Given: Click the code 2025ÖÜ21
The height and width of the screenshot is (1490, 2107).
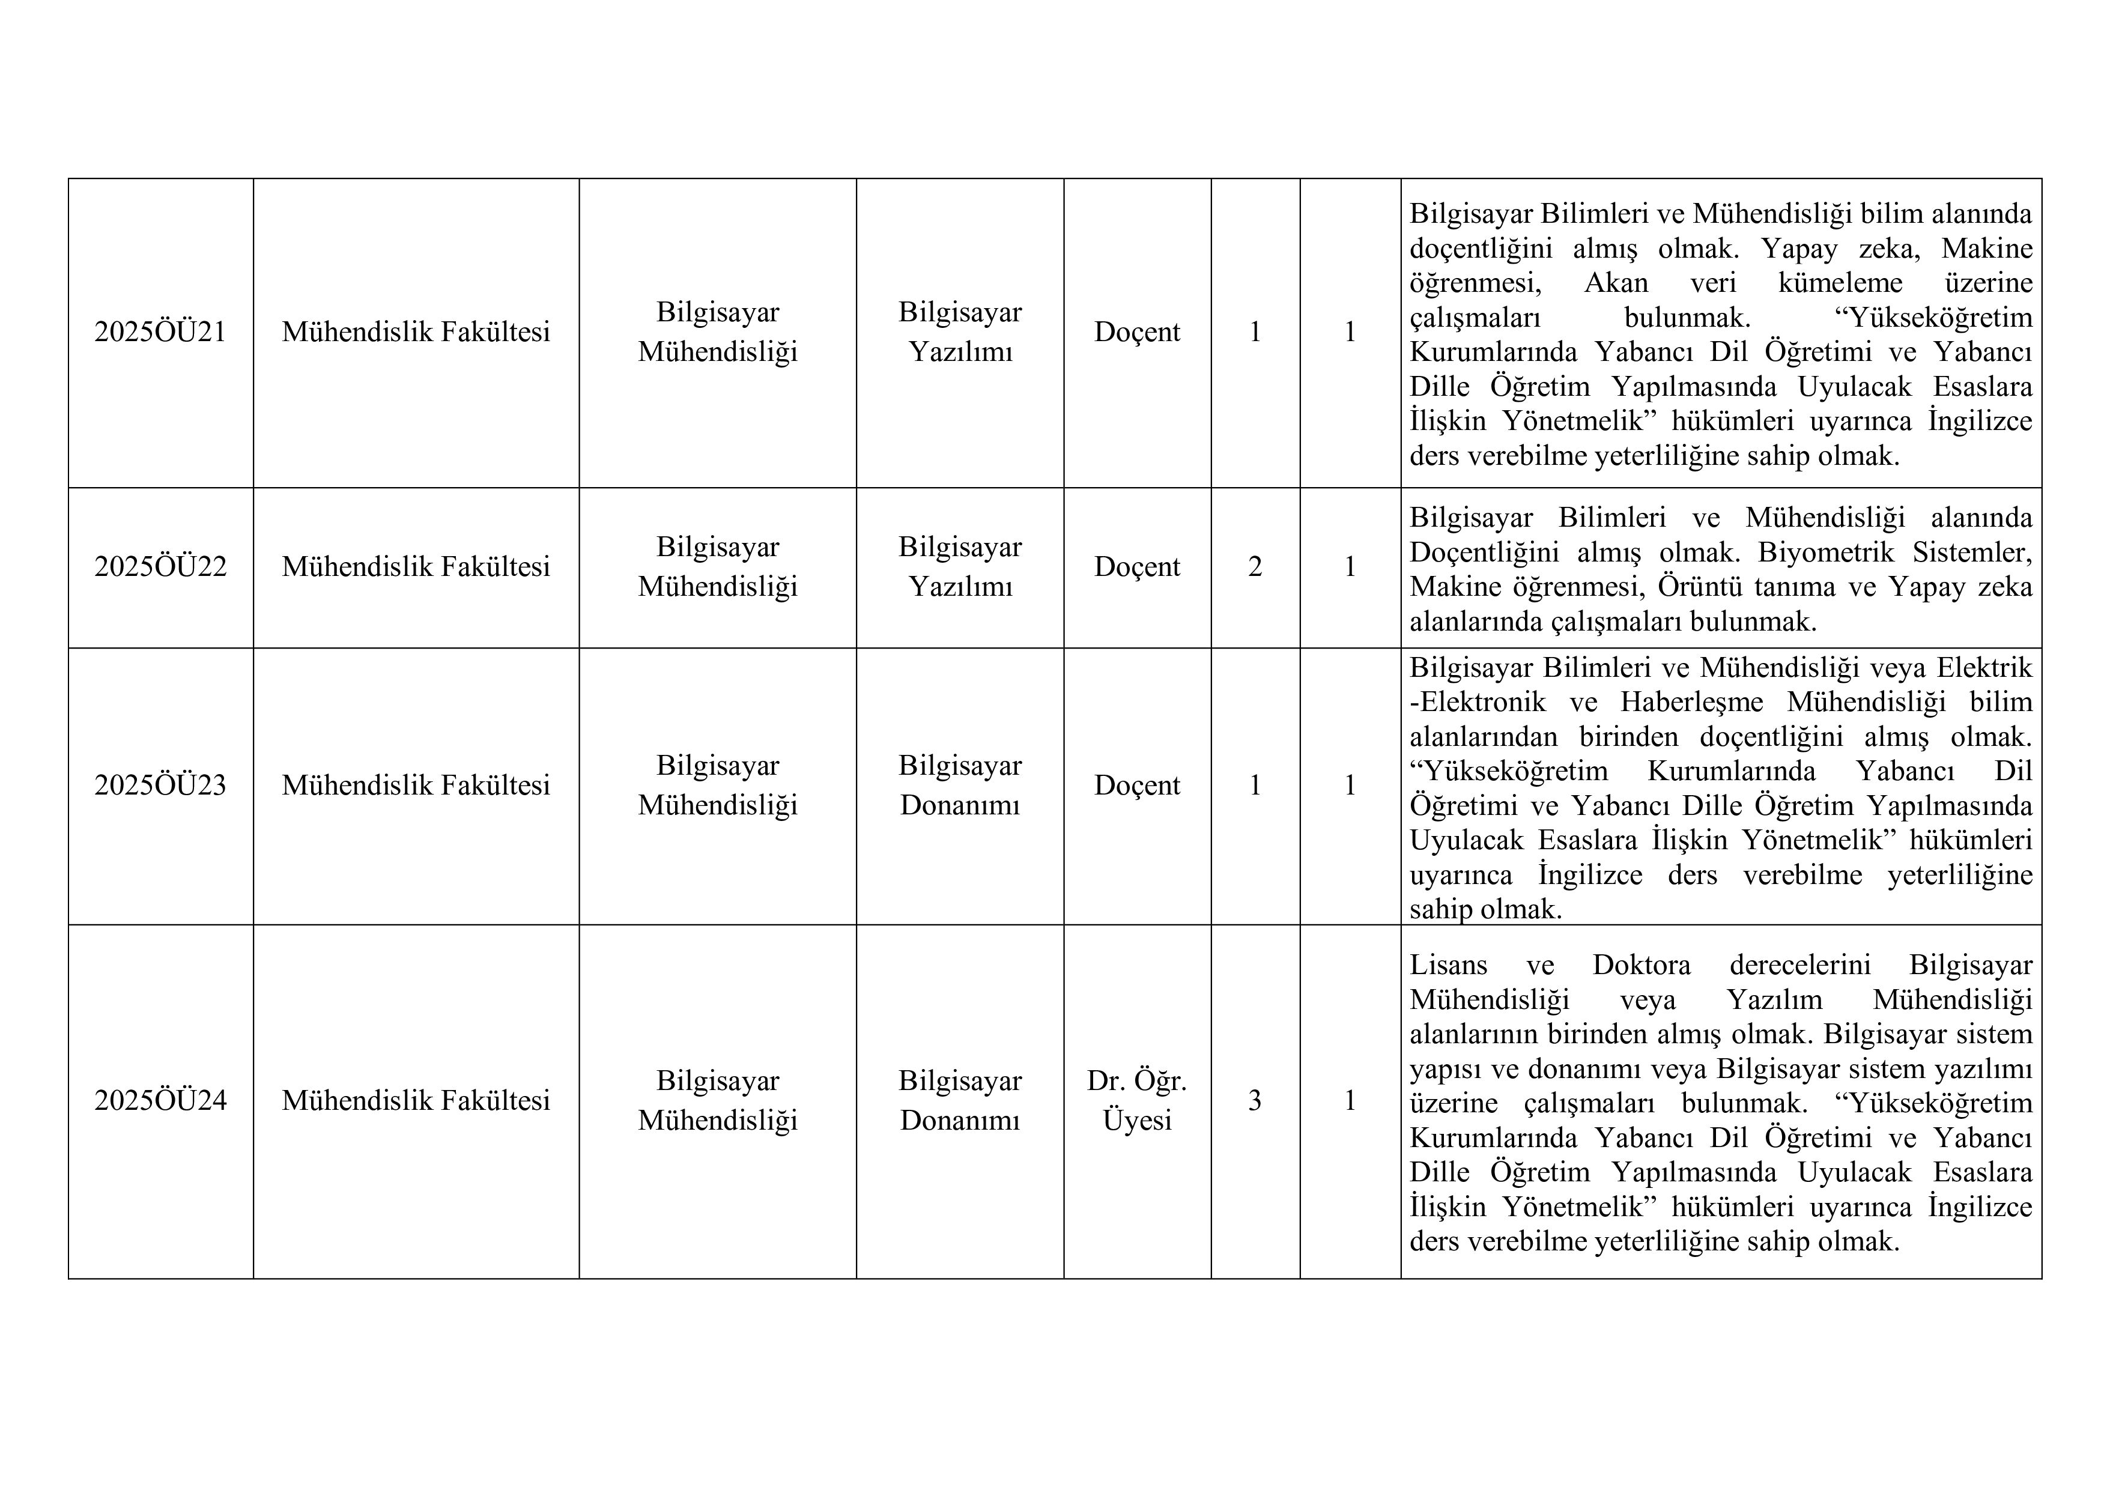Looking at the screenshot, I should [x=160, y=332].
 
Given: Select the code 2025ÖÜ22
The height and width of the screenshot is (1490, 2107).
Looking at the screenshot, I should [x=160, y=567].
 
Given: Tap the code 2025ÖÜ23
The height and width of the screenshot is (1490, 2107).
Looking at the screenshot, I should [x=160, y=786].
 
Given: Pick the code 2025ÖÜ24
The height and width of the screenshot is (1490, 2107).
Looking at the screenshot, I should [x=160, y=1100].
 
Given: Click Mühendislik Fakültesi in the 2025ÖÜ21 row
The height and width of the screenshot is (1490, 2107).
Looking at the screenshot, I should [x=416, y=332].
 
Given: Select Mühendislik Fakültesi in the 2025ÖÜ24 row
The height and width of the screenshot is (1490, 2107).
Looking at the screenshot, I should [x=416, y=1100].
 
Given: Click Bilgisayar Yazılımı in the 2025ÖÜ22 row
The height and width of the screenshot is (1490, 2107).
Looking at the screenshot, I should [x=960, y=567].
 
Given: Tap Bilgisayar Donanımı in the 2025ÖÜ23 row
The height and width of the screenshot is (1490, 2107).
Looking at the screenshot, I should [x=960, y=786].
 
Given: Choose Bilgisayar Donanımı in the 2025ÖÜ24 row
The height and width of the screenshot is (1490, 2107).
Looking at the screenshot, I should [x=960, y=1100].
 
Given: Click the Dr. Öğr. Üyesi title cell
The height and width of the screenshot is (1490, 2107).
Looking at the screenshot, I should [x=1137, y=1100].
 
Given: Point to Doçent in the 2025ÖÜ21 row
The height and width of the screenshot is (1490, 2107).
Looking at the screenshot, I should [x=1137, y=332].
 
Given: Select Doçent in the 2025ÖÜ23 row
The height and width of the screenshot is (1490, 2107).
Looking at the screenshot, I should [x=1137, y=786].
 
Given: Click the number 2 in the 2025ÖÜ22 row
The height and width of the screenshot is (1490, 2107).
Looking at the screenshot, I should [x=1255, y=567].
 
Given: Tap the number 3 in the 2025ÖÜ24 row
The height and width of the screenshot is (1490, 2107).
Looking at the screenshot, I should [x=1255, y=1100].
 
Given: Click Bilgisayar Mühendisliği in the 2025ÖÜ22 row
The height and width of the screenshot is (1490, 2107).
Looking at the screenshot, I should [x=718, y=567].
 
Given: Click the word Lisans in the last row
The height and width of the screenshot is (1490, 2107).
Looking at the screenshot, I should [x=1448, y=965].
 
